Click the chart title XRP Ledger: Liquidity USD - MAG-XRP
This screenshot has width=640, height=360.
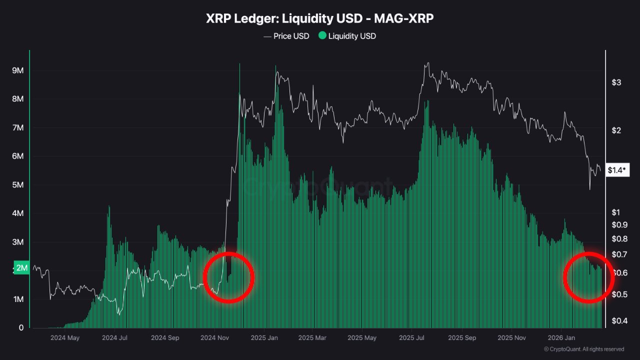pyautogui.click(x=320, y=18)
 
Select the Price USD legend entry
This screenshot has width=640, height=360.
pyautogui.click(x=286, y=36)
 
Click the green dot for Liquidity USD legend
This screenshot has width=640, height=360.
pyautogui.click(x=322, y=36)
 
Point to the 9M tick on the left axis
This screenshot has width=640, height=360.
pyautogui.click(x=17, y=70)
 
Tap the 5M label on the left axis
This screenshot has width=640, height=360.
pyautogui.click(x=17, y=185)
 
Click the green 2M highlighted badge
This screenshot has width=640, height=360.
pyautogui.click(x=22, y=268)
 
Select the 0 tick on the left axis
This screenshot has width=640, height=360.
pyautogui.click(x=21, y=328)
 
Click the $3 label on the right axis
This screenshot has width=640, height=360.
pyautogui.click(x=616, y=82)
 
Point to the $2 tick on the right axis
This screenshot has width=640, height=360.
pyautogui.click(x=616, y=130)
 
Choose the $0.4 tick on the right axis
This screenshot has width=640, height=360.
pyautogui.click(x=619, y=320)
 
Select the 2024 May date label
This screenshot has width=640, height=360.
pyautogui.click(x=64, y=337)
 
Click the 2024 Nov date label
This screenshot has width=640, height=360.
pyautogui.click(x=214, y=337)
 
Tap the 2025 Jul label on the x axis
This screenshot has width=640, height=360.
pyautogui.click(x=413, y=337)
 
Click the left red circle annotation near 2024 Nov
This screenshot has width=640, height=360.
pyautogui.click(x=228, y=277)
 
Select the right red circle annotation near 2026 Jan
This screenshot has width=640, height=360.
pyautogui.click(x=589, y=277)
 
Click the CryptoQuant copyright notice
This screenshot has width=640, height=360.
pyautogui.click(x=583, y=349)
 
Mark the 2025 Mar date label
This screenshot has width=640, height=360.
pyautogui.click(x=313, y=337)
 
